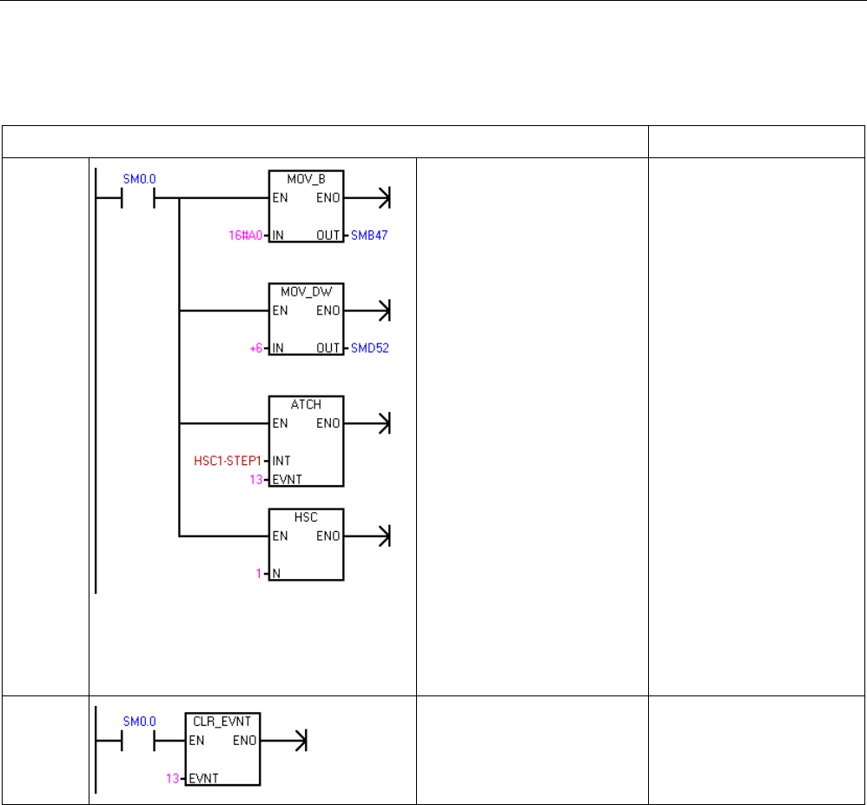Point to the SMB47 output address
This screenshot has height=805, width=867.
369,236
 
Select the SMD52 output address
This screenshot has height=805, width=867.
369,348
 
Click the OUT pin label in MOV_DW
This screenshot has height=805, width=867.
329,348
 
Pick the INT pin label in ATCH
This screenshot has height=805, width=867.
281,460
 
